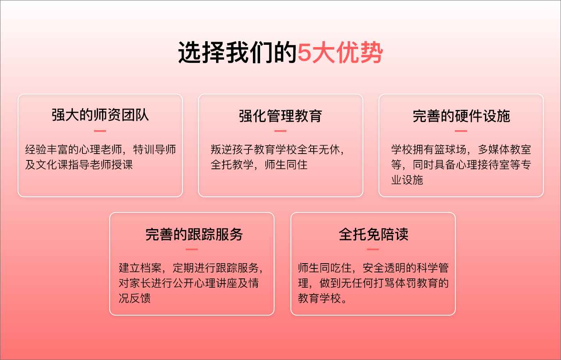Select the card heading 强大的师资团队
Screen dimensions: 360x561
pos(100,115)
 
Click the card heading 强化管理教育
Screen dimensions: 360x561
pos(280,116)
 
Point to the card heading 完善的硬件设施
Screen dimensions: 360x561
pos(461,116)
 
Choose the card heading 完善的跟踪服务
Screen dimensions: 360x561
pos(194,234)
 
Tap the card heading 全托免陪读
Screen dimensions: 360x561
pos(373,234)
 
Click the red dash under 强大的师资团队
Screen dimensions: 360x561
pos(100,131)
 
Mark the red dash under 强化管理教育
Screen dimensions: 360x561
pos(280,131)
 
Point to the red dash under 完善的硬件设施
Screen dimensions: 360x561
pos(461,131)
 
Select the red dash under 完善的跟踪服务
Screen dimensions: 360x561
pos(192,249)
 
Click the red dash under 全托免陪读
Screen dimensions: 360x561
pos(373,249)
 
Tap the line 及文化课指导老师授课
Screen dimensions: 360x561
pos(79,165)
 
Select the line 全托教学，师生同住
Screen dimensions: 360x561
pos(259,165)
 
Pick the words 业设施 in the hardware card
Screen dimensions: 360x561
pos(407,180)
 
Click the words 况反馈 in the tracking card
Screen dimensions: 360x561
pos(134,298)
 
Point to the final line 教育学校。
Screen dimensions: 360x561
pos(323,298)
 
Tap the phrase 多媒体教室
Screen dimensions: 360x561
pos(504,150)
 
